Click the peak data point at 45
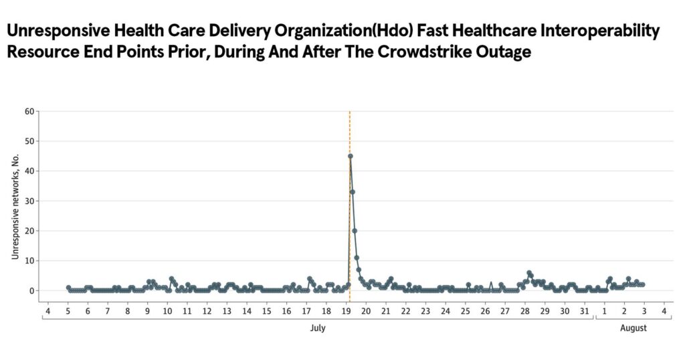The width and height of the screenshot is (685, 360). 350,156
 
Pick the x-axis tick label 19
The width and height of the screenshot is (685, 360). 346,311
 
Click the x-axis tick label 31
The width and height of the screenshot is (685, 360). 584,311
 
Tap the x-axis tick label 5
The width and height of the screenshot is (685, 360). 68,311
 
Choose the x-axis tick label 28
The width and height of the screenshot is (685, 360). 524,311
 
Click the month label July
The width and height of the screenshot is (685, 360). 318,328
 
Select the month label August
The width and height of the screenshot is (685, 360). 633,328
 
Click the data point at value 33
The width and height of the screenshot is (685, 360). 353,192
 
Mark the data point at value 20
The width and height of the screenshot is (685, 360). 355,231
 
